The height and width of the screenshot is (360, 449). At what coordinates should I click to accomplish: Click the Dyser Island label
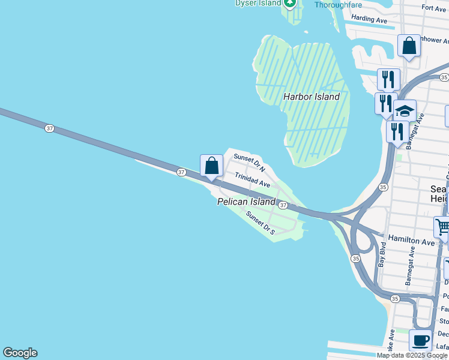coord(258,3)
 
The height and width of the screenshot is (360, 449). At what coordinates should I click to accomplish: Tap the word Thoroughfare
coord(338,5)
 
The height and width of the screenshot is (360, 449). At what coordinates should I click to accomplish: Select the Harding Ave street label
coord(369,19)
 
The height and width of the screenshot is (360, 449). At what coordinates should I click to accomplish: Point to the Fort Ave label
coord(434,8)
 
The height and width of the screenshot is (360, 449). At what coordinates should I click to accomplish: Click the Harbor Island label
coord(312,97)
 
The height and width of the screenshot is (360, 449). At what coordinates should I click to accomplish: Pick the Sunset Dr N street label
coord(249,161)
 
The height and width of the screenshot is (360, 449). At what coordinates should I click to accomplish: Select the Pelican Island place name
coord(246,202)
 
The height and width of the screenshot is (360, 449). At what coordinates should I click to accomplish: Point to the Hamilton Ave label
coord(411,241)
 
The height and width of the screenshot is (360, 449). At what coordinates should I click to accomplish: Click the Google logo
coord(20,353)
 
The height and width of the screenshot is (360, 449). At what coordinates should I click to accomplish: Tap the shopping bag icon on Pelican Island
coord(211,165)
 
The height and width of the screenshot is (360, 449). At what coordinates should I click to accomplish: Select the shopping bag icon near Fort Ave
coord(409,46)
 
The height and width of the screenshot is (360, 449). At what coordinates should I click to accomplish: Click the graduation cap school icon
coord(405,110)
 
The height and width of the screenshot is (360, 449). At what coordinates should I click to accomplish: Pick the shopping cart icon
coord(442,227)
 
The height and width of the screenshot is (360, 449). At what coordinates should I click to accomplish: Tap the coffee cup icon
coord(420,340)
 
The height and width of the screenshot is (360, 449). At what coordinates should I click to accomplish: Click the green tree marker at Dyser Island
coord(291,3)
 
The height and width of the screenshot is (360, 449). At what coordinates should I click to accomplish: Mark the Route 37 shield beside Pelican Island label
coord(283,205)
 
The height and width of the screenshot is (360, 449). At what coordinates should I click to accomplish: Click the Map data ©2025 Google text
coord(412,355)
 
